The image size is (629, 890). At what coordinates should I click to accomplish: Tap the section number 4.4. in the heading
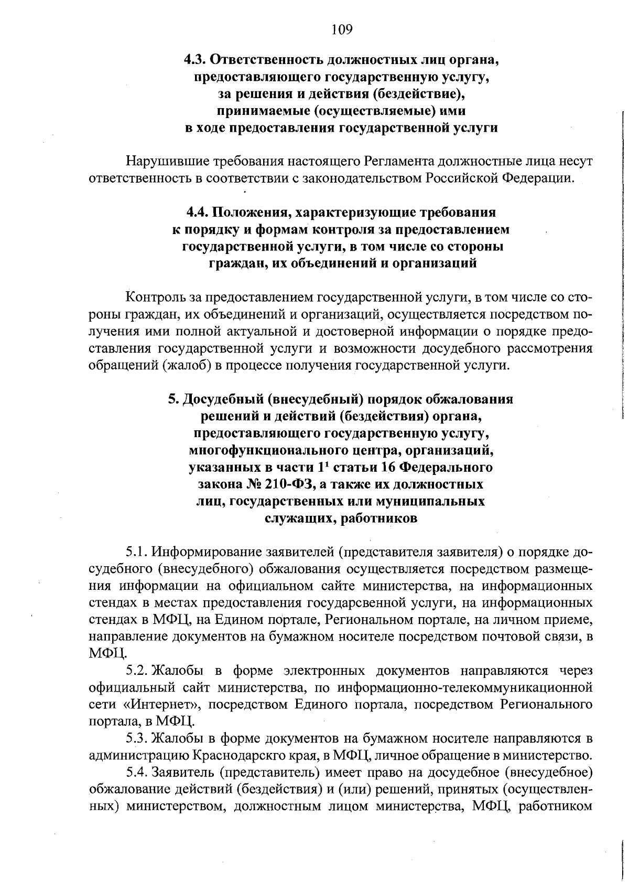pyautogui.click(x=199, y=213)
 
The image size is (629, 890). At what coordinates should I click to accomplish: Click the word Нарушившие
pyautogui.click(x=159, y=161)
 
